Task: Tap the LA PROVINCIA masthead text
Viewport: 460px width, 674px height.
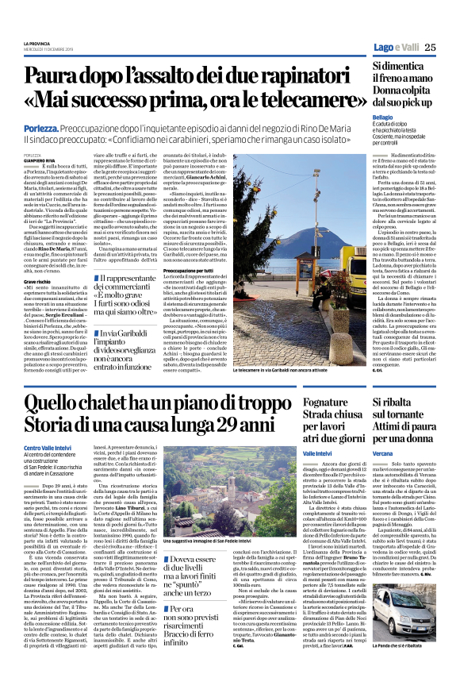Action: pyautogui.click(x=36, y=43)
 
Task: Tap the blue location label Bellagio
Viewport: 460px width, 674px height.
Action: pyautogui.click(x=383, y=117)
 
